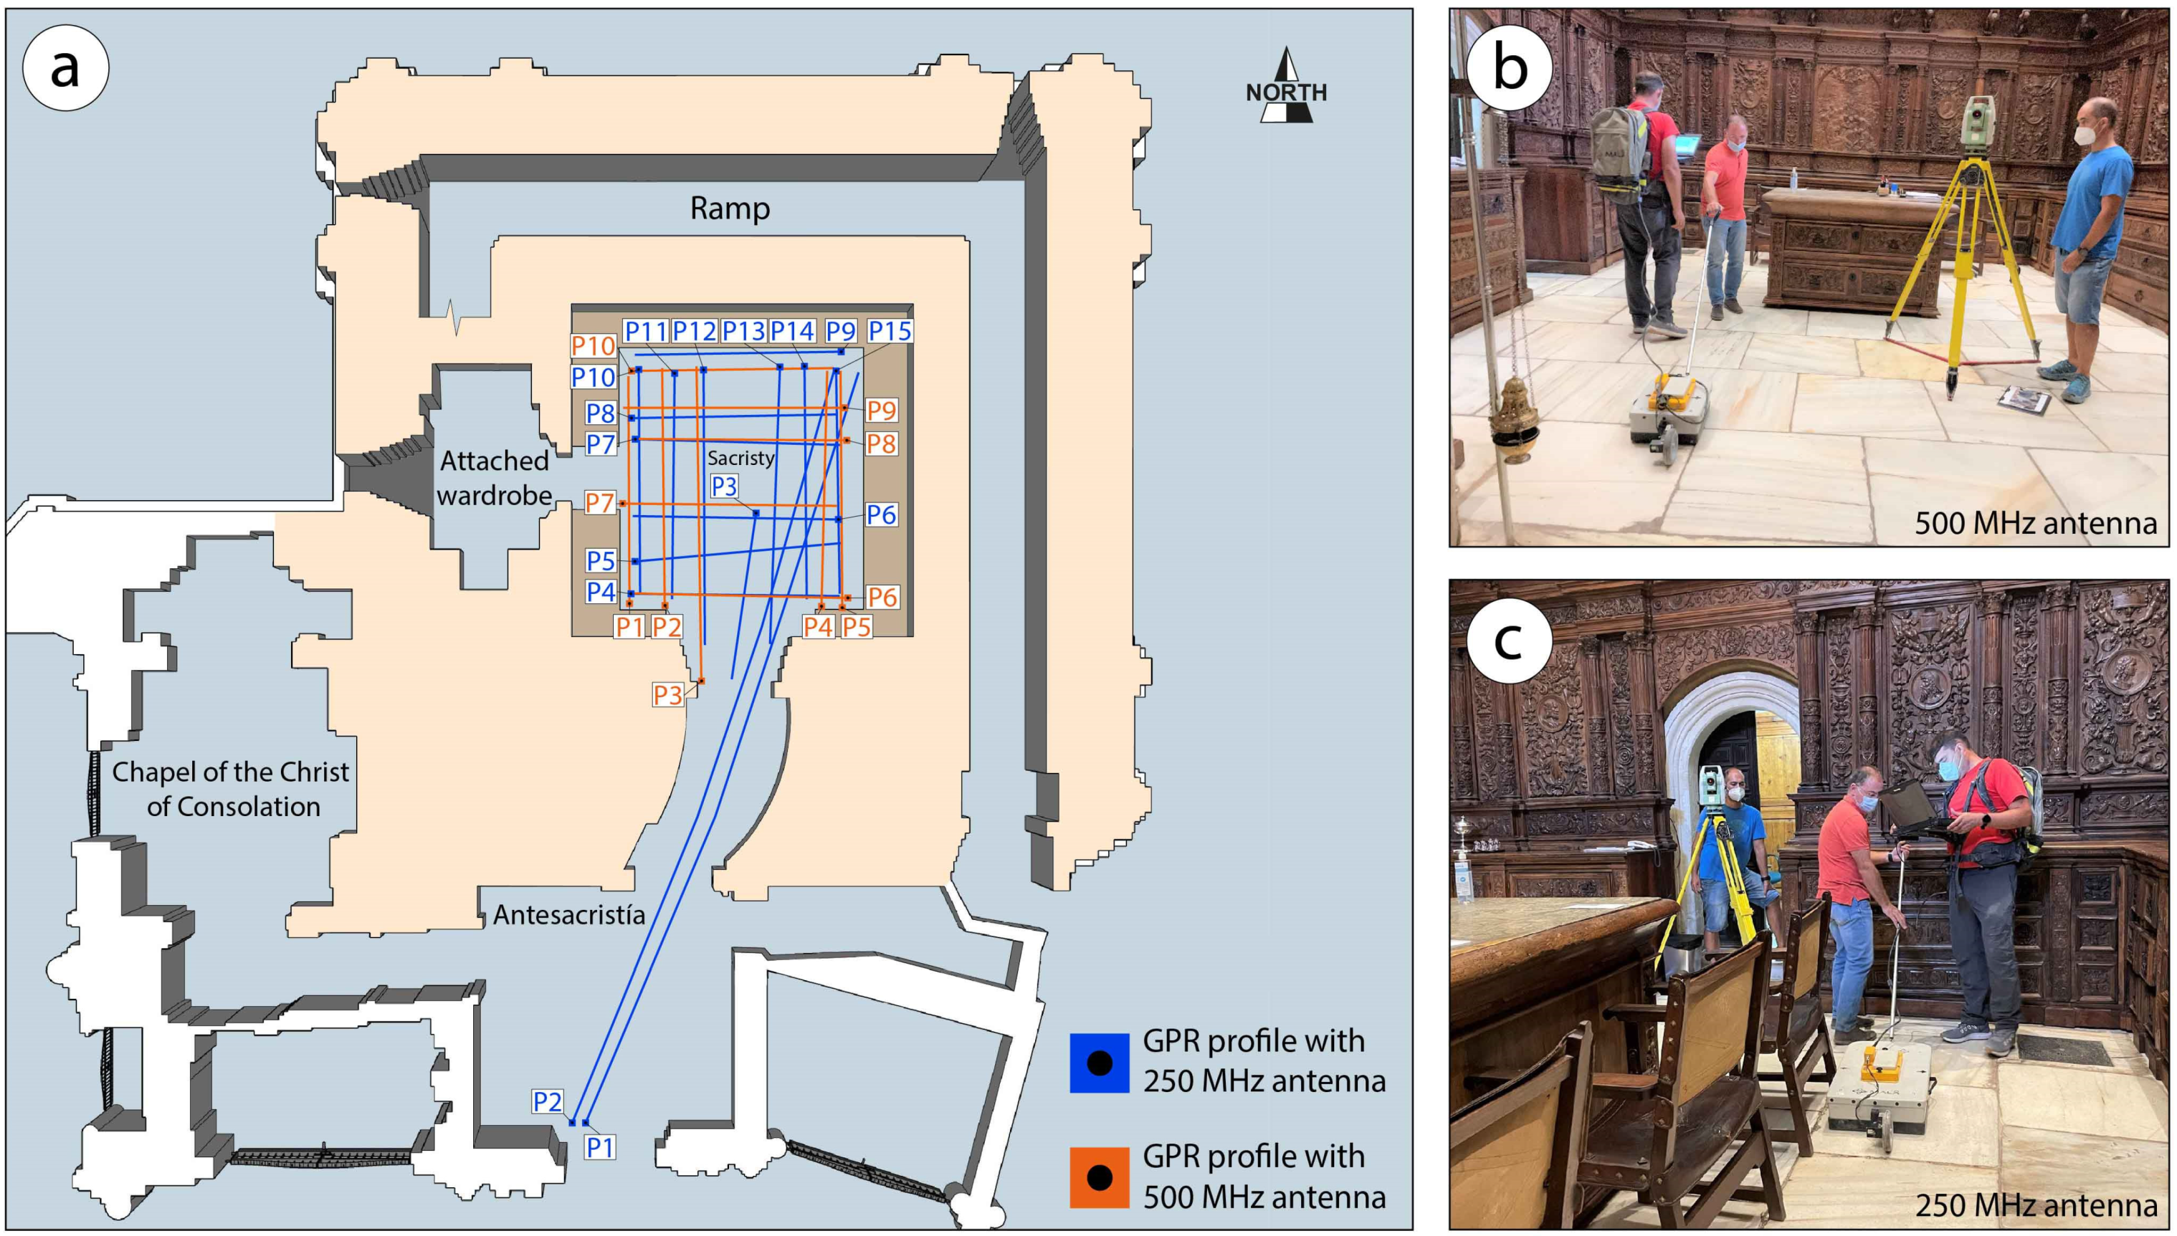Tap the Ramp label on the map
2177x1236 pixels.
(x=729, y=208)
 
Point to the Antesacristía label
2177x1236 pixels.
(x=569, y=914)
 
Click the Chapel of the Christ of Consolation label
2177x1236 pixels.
(x=231, y=789)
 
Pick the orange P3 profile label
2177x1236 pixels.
(x=667, y=695)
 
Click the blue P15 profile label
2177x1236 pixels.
(x=890, y=330)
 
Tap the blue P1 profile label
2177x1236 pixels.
(x=599, y=1147)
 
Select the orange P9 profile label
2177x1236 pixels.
(x=881, y=410)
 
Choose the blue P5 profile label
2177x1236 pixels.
(x=600, y=561)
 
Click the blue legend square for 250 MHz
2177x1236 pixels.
(x=1099, y=1062)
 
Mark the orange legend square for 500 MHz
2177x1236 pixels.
(x=1099, y=1177)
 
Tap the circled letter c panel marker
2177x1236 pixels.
(x=1508, y=640)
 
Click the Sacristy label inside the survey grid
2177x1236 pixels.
(x=740, y=459)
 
